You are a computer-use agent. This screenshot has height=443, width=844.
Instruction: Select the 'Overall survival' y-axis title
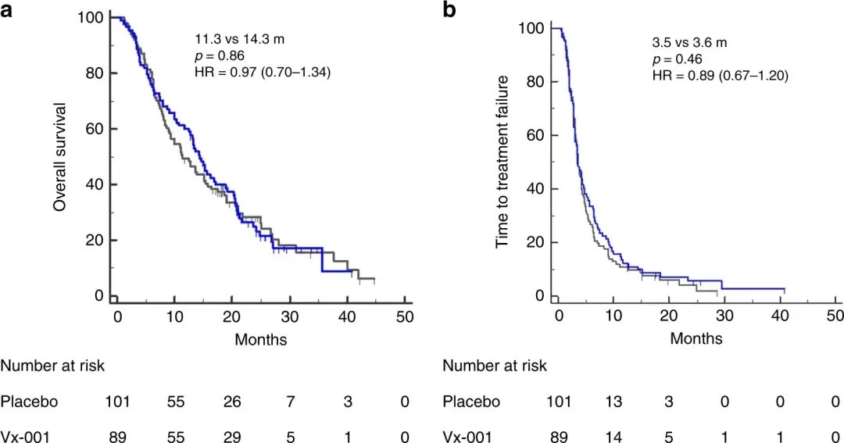[59, 156]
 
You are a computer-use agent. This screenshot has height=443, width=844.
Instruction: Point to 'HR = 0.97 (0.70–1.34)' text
[263, 73]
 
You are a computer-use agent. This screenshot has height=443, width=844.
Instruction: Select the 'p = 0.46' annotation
[678, 59]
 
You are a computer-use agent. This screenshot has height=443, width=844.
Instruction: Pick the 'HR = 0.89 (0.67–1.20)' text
[720, 76]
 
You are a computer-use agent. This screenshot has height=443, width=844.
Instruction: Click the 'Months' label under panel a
[261, 339]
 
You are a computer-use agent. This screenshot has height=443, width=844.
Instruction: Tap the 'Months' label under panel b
[696, 338]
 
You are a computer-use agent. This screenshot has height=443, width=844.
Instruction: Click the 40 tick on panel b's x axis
[780, 316]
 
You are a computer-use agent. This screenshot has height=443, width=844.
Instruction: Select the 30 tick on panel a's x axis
[290, 316]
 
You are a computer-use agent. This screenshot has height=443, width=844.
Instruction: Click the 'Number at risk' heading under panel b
[494, 366]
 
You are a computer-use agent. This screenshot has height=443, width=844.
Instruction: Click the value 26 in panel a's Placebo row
[232, 402]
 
